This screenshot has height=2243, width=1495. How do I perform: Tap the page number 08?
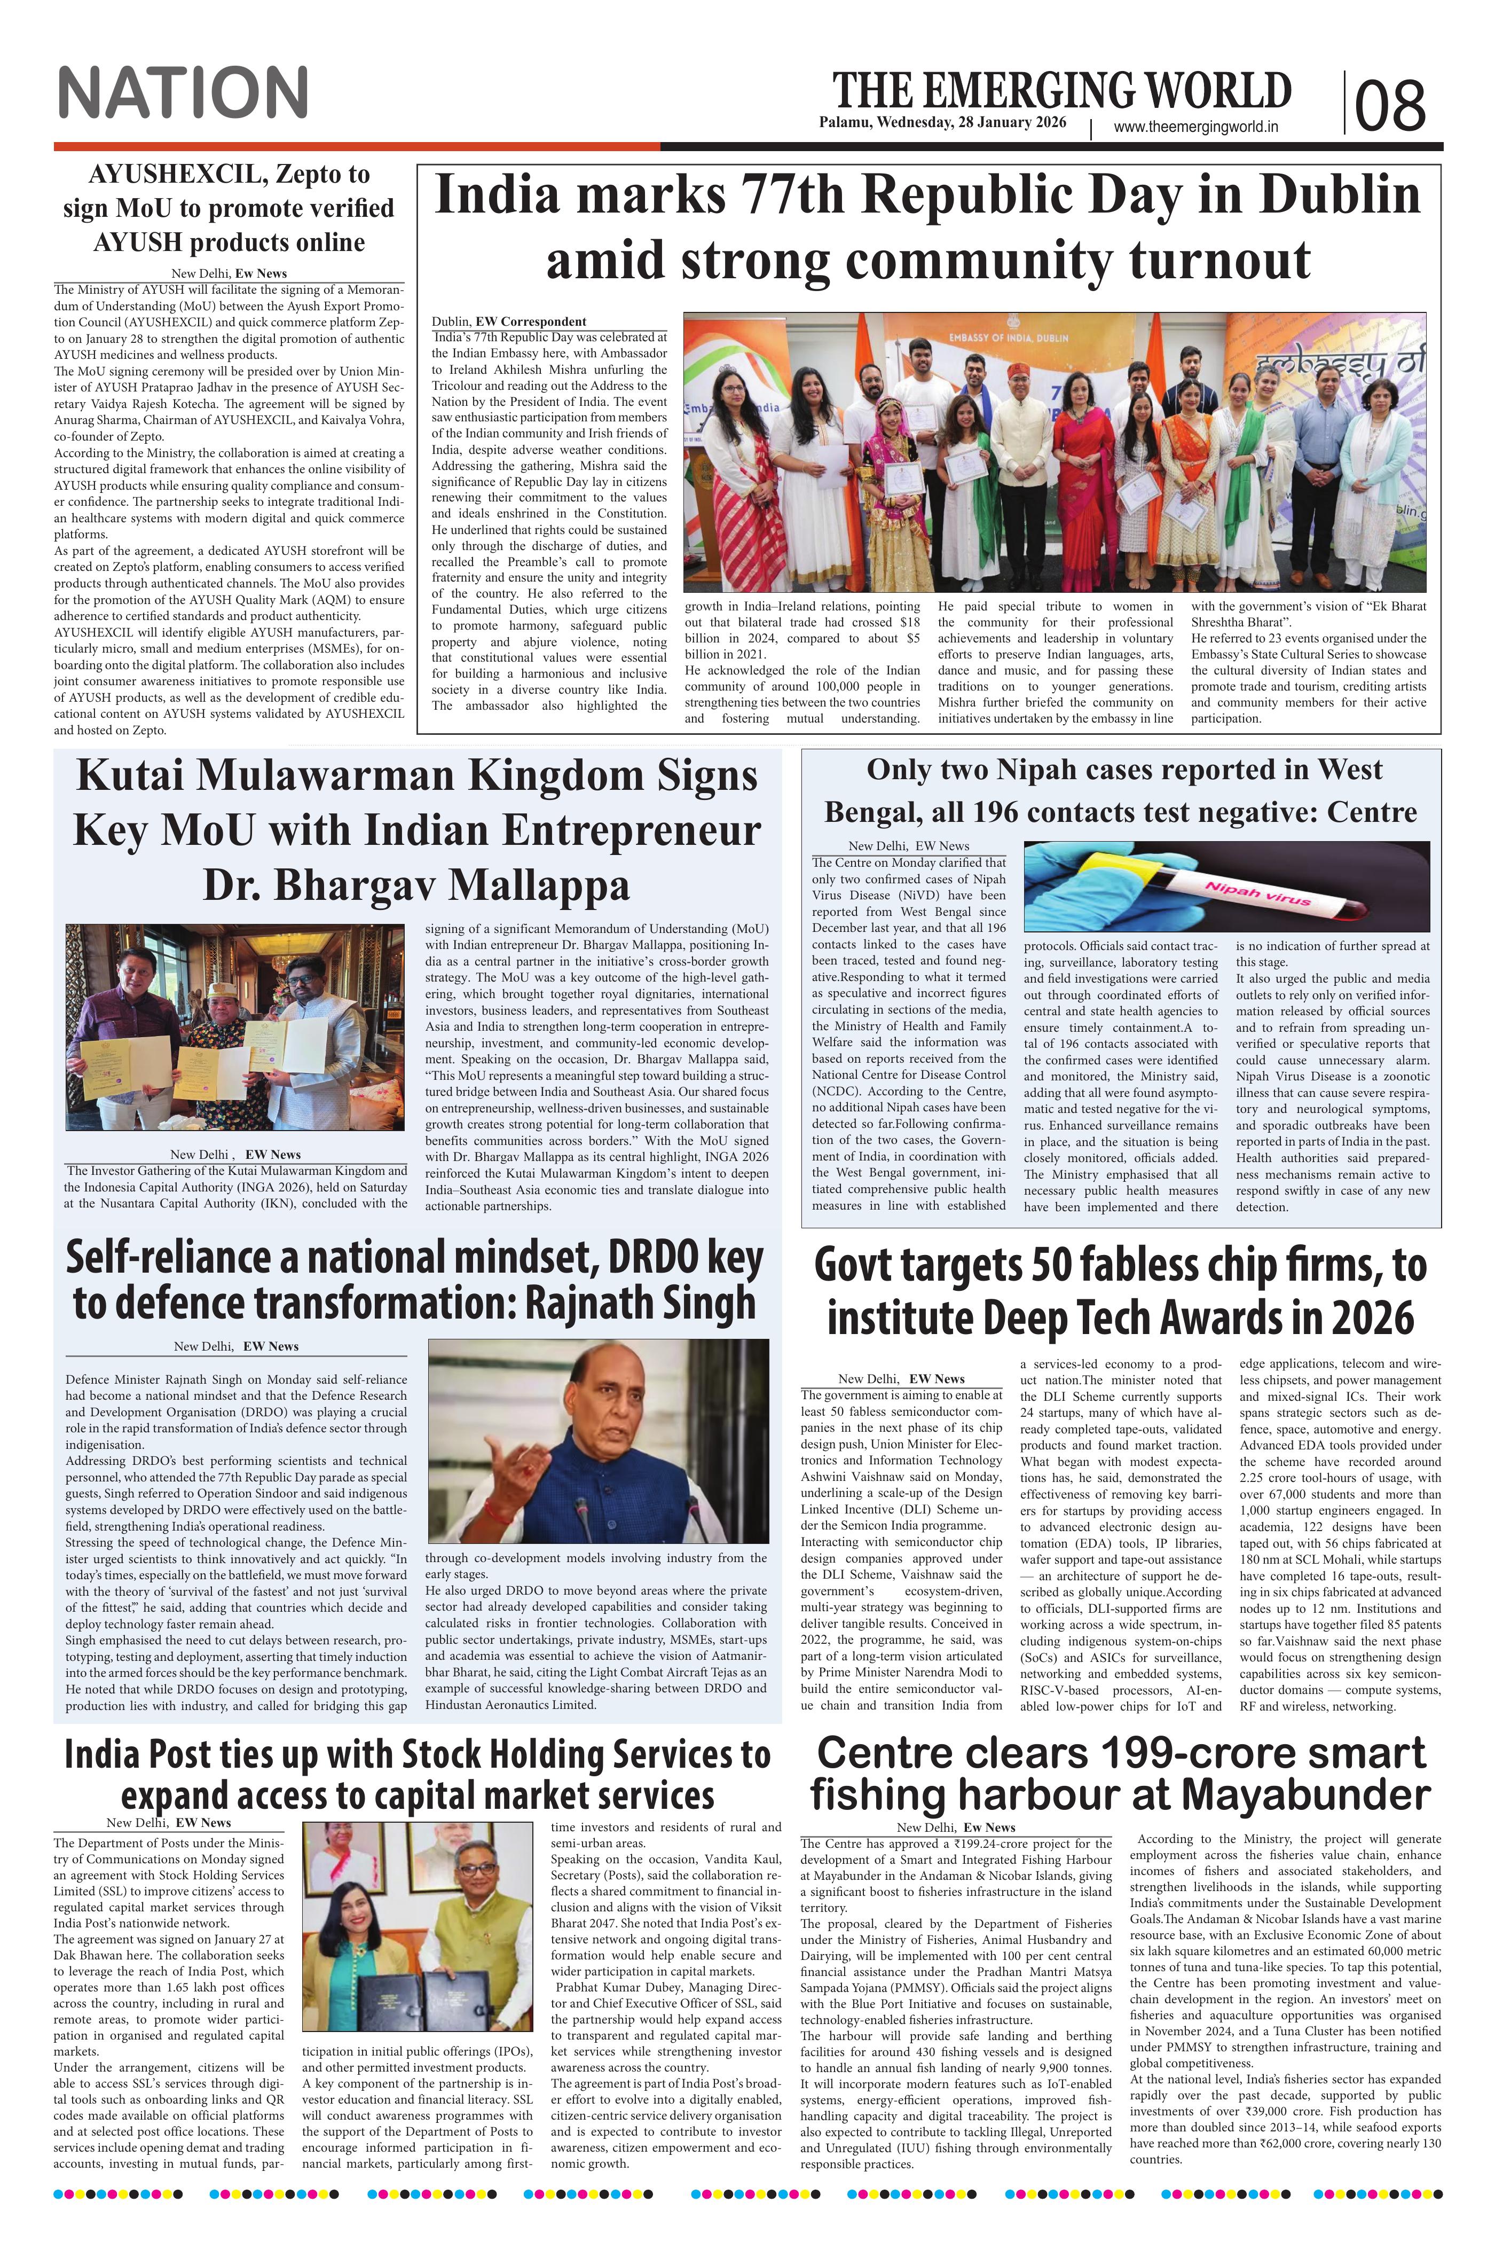[1390, 104]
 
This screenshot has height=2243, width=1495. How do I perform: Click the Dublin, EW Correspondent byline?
[509, 321]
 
